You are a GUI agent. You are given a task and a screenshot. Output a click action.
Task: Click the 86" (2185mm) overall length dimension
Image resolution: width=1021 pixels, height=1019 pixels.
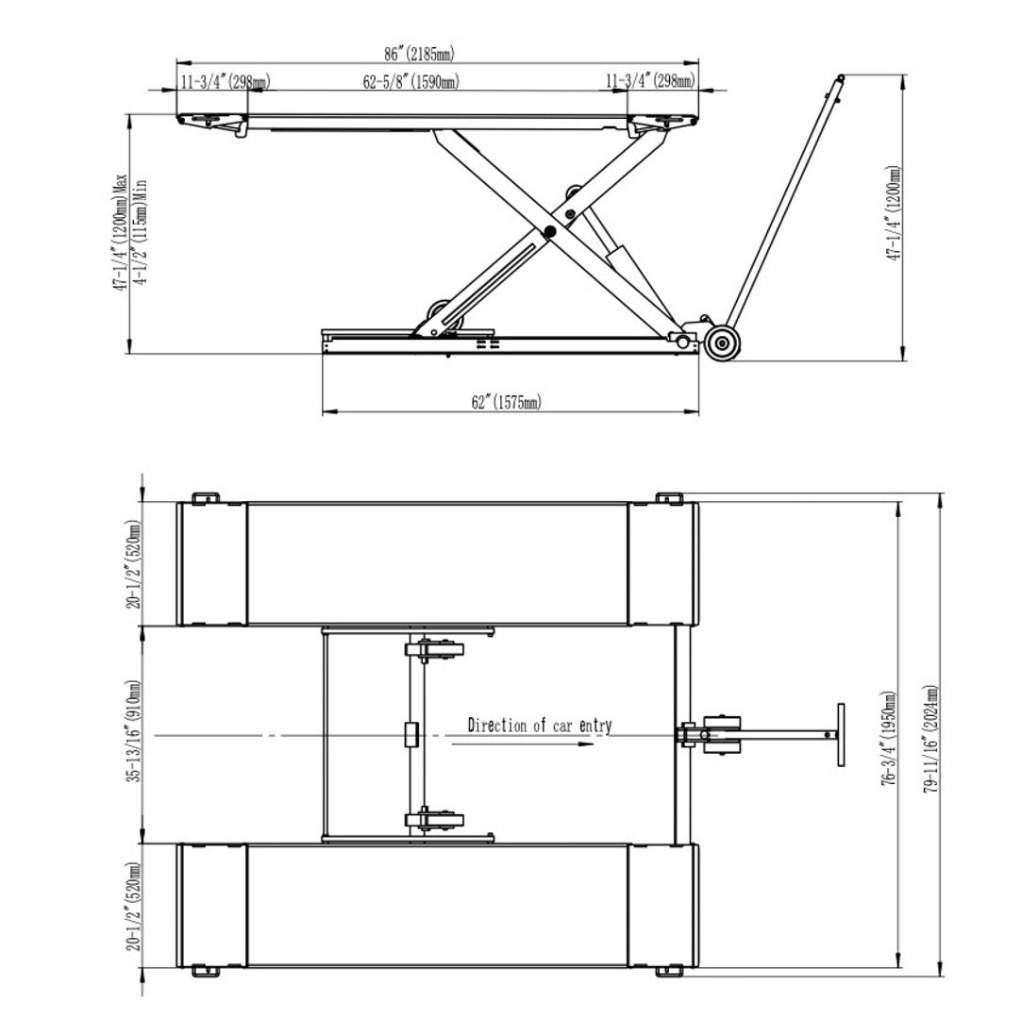coord(419,54)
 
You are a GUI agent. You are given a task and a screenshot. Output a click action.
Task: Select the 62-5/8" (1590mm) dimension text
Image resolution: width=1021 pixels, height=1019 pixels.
coord(410,81)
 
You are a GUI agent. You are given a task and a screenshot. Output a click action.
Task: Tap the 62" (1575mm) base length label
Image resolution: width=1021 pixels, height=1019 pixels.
coord(507,402)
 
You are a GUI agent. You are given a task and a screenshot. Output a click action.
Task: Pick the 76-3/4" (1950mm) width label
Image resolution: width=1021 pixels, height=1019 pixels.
coord(888,739)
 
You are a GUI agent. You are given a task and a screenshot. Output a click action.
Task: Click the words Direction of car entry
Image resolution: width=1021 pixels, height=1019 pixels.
coord(540,726)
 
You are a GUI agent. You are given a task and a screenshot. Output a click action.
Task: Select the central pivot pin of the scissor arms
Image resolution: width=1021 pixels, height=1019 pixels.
coord(551,230)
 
